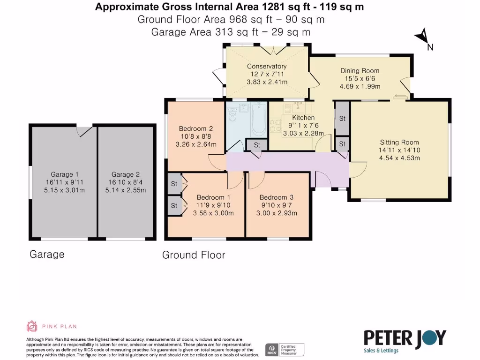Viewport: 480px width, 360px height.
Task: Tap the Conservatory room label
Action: [x=267, y=67]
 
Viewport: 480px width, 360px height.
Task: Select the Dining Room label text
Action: [x=360, y=71]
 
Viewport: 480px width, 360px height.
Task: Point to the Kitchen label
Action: [x=303, y=118]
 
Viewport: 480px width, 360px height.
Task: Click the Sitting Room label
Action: [x=399, y=142]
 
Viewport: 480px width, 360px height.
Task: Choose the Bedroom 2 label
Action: [x=196, y=128]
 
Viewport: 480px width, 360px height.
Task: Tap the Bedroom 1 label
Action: [x=213, y=197]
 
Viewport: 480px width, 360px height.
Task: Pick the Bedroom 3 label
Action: [x=277, y=197]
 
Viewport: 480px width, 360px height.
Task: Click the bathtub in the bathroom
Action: [x=258, y=120]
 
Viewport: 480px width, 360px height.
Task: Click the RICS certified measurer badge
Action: [x=285, y=349]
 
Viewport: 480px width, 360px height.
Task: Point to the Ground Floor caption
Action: [x=194, y=255]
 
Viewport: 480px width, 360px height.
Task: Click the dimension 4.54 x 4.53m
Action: [x=399, y=158]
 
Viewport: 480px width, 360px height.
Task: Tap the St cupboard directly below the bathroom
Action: [x=257, y=145]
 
